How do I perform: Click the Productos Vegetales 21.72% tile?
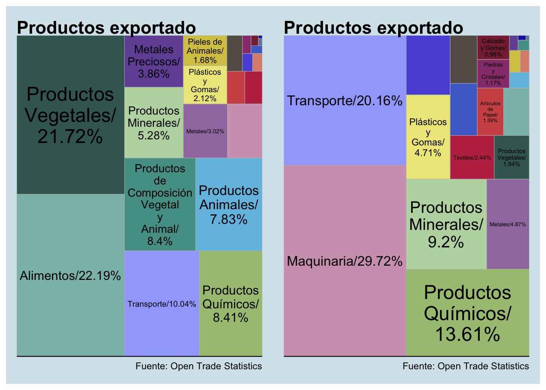click(x=70, y=115)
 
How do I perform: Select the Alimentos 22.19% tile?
click(x=70, y=275)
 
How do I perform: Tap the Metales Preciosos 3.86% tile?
click(x=154, y=61)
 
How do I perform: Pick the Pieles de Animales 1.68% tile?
click(x=205, y=51)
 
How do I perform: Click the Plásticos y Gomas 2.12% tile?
click(x=205, y=85)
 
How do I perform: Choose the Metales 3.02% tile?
click(x=205, y=131)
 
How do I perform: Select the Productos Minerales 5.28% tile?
click(x=154, y=123)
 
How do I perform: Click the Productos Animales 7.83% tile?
click(x=229, y=204)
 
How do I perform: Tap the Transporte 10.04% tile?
click(x=162, y=303)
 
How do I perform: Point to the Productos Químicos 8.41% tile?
click(x=230, y=303)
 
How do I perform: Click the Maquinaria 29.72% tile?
click(x=344, y=260)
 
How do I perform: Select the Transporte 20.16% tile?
click(x=344, y=100)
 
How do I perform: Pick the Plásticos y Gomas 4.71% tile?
click(x=428, y=137)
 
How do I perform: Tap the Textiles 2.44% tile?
click(x=472, y=157)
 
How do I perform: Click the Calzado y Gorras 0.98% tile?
click(x=493, y=48)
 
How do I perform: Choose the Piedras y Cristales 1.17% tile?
click(x=493, y=74)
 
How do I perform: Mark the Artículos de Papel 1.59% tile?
click(x=490, y=112)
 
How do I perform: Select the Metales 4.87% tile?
click(x=508, y=224)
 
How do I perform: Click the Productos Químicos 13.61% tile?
click(x=468, y=313)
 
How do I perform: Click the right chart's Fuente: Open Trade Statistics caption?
click(x=466, y=366)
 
